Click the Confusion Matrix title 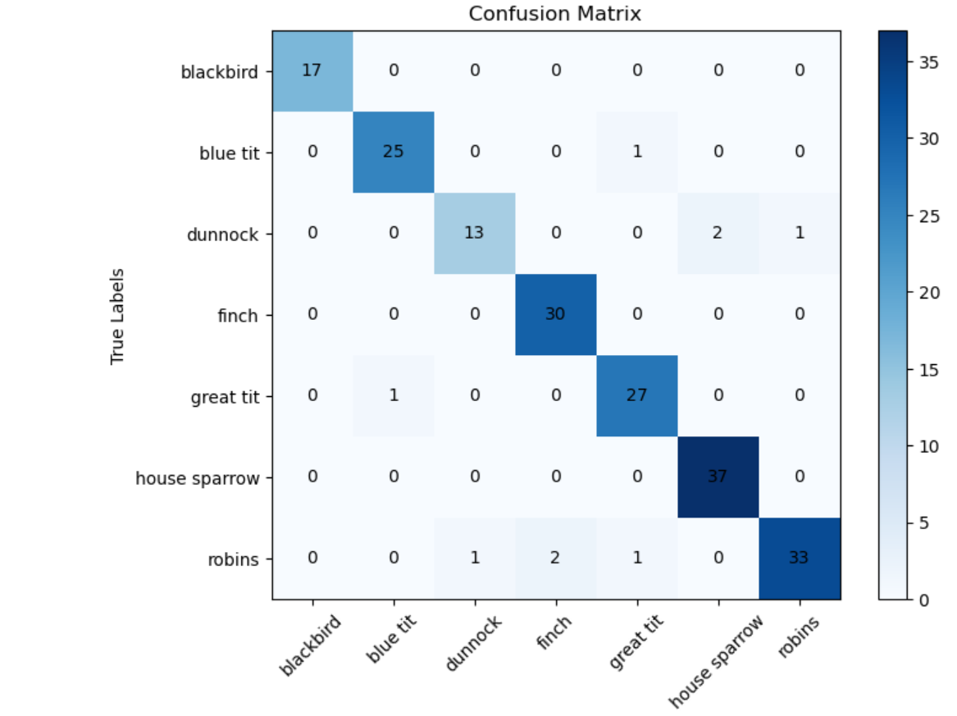554,14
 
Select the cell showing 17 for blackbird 312,71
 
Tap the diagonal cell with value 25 394,153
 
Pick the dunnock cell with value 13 474,233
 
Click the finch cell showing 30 555,315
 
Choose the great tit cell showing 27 636,395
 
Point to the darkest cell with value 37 718,477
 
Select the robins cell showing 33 799,559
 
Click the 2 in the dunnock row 718,233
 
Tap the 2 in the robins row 555,559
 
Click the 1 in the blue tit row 636,153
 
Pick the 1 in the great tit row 394,395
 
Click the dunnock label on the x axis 472,645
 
